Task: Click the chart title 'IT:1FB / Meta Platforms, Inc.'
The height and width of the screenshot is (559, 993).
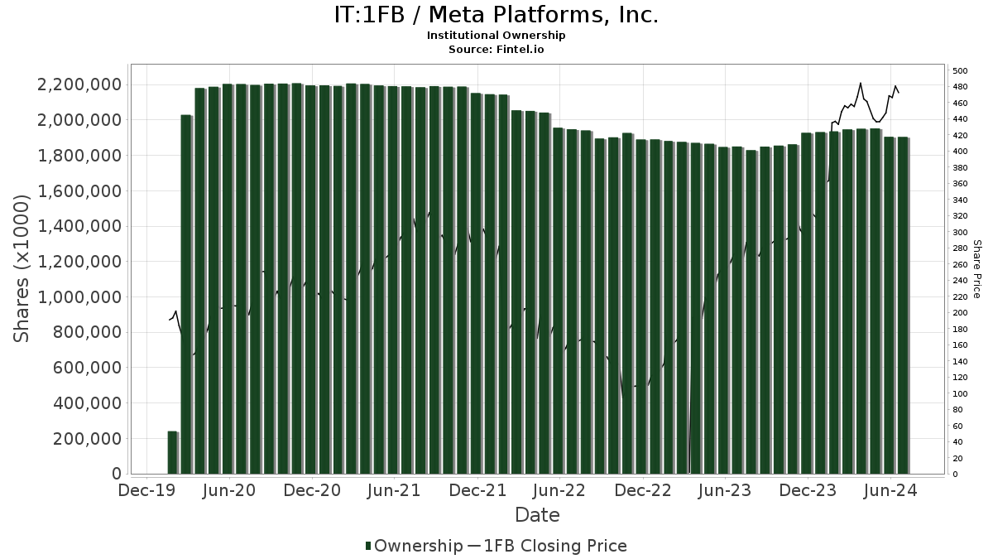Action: [x=496, y=16]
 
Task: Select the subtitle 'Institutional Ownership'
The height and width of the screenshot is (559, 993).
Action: [x=496, y=36]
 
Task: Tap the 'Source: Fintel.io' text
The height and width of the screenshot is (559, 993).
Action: [x=496, y=49]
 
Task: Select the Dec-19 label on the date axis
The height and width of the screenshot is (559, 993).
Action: [x=146, y=490]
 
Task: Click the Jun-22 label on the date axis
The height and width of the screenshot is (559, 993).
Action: [x=560, y=490]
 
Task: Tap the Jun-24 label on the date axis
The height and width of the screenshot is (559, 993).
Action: [x=890, y=490]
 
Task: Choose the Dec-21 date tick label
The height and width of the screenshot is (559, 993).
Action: [x=477, y=490]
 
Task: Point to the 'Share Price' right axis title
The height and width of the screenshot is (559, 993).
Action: [x=976, y=268]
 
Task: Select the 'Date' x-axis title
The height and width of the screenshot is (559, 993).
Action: [x=537, y=515]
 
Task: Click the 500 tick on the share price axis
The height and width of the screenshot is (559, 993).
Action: [x=960, y=70]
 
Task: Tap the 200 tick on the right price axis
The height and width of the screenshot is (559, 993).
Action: [x=960, y=313]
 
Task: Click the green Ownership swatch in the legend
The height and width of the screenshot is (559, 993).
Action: [x=368, y=546]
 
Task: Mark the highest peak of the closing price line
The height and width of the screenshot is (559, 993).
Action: [x=861, y=83]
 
